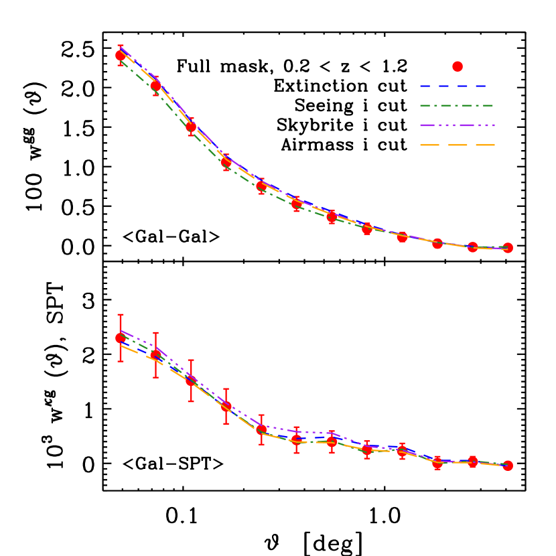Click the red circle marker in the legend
pyautogui.click(x=458, y=66)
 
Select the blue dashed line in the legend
pyautogui.click(x=454, y=86)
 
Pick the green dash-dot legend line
pyautogui.click(x=456, y=106)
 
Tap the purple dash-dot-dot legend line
pyautogui.click(x=457, y=125)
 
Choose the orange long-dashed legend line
pyautogui.click(x=457, y=145)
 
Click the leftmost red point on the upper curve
pyautogui.click(x=121, y=55)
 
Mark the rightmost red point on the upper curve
pyautogui.click(x=508, y=248)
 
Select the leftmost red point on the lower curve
pyautogui.click(x=121, y=338)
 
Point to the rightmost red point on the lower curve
pyautogui.click(x=508, y=466)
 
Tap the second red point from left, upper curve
pyautogui.click(x=156, y=86)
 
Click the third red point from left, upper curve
pyautogui.click(x=191, y=127)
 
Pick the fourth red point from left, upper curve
pyautogui.click(x=226, y=162)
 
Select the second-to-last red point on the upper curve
pyautogui.click(x=473, y=247)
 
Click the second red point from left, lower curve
pyautogui.click(x=156, y=355)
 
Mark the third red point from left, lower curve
pyautogui.click(x=191, y=380)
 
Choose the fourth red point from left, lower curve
pyautogui.click(x=226, y=406)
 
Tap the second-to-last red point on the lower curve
pyautogui.click(x=473, y=462)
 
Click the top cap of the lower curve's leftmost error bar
pyautogui.click(x=121, y=314)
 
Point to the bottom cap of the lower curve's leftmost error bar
pyautogui.click(x=121, y=362)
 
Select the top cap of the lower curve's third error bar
pyautogui.click(x=191, y=360)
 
